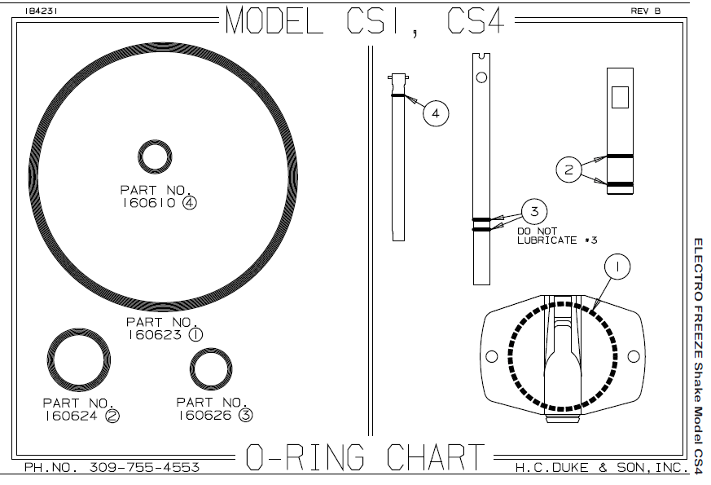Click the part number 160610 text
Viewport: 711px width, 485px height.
147,203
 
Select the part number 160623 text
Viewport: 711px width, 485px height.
154,335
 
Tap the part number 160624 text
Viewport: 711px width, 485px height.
70,416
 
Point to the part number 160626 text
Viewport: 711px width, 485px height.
204,415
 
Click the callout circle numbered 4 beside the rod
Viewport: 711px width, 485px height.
436,113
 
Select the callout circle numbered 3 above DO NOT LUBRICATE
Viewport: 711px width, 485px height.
534,211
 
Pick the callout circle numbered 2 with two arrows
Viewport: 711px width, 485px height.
568,170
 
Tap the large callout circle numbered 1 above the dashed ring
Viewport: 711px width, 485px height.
617,267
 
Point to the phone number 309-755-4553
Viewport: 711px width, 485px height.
144,467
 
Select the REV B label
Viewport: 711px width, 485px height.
646,11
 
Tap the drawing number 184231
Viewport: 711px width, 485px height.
41,11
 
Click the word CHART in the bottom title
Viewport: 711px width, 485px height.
435,456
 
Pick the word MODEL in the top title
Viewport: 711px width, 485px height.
274,20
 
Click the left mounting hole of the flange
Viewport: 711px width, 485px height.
492,356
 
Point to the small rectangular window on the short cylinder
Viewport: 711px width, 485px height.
620,97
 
